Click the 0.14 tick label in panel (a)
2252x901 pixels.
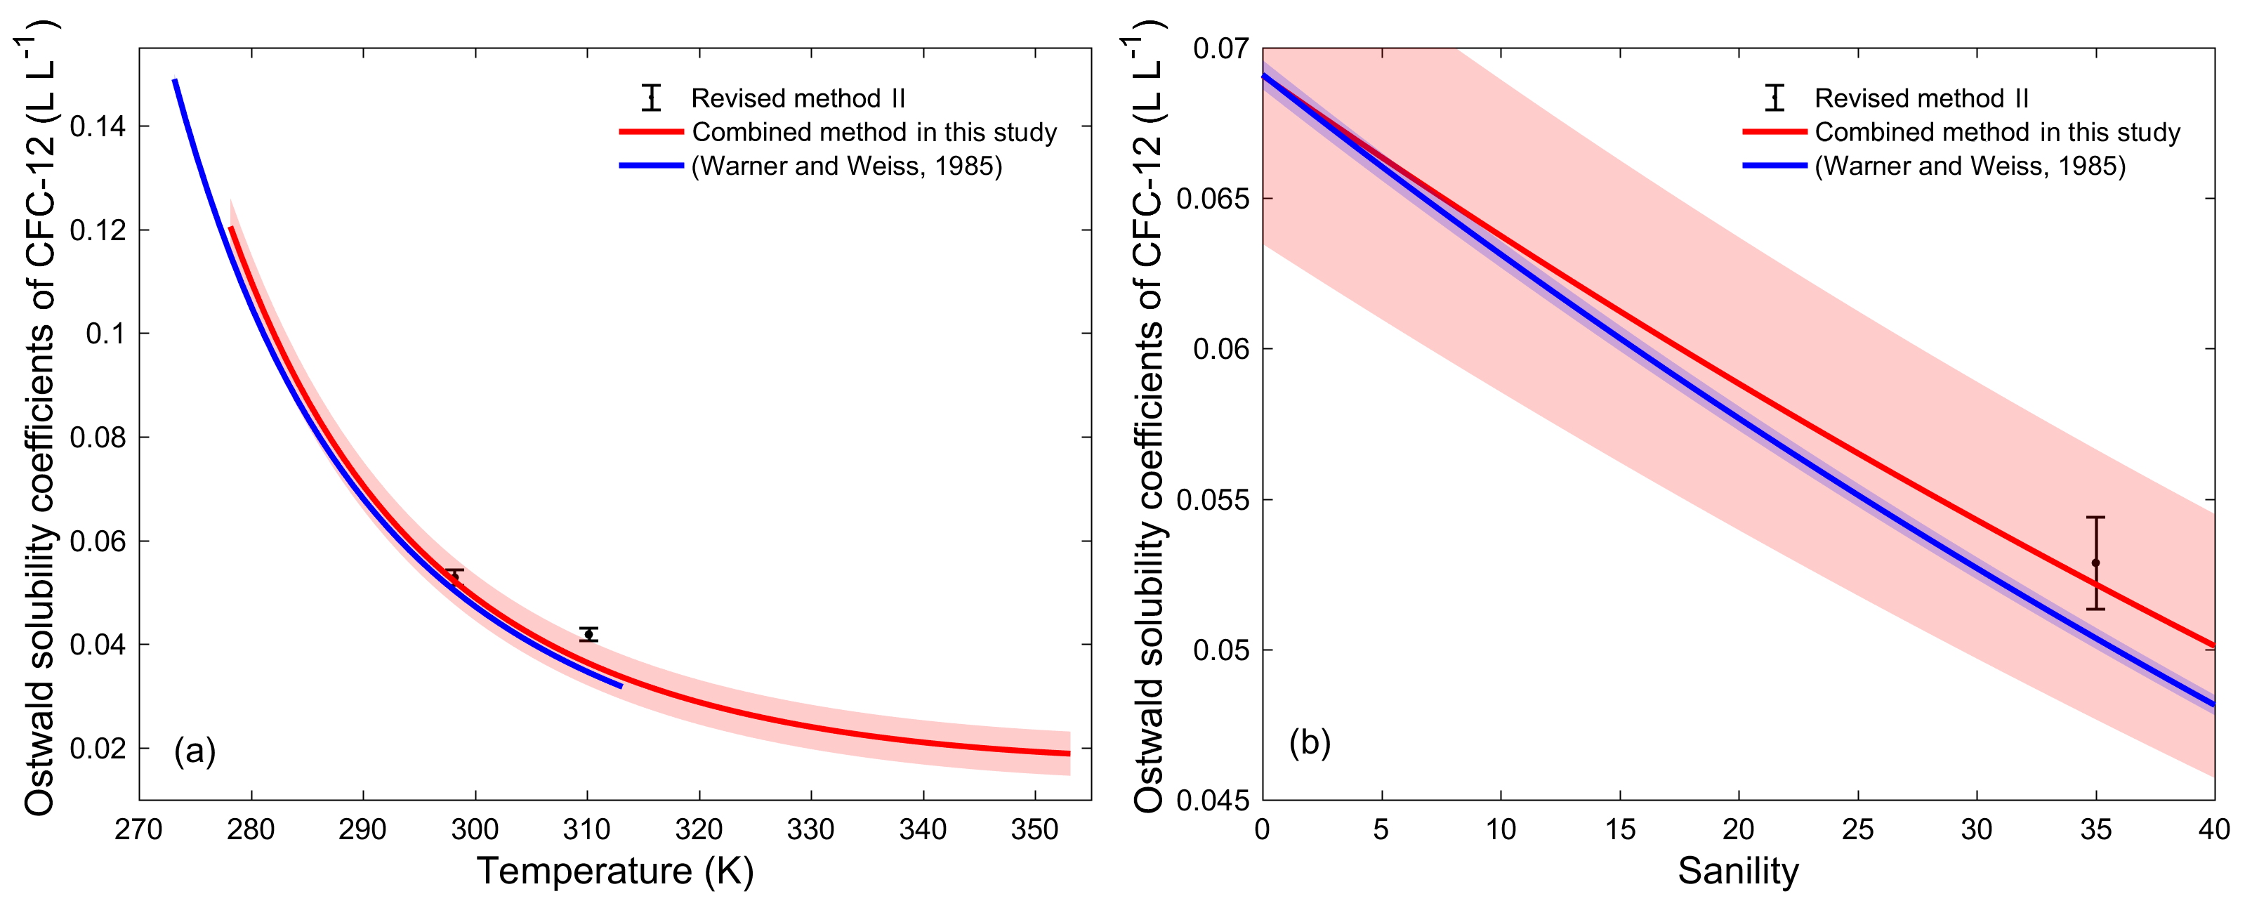coord(97,126)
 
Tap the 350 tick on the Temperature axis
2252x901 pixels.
coord(1034,829)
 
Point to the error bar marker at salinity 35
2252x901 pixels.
coord(2095,563)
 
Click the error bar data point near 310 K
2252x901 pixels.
coord(588,634)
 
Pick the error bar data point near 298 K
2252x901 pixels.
coord(454,576)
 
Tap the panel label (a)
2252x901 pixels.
coord(194,751)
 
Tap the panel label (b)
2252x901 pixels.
coord(1310,742)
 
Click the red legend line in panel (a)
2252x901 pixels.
coord(651,132)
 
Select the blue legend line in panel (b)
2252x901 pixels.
coord(1774,166)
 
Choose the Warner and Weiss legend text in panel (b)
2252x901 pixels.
coord(1970,166)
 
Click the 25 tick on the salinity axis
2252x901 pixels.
coord(1858,829)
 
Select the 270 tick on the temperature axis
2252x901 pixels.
coord(139,829)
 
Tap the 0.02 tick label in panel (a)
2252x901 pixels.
coord(97,749)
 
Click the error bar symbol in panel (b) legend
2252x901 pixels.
coord(1774,98)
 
